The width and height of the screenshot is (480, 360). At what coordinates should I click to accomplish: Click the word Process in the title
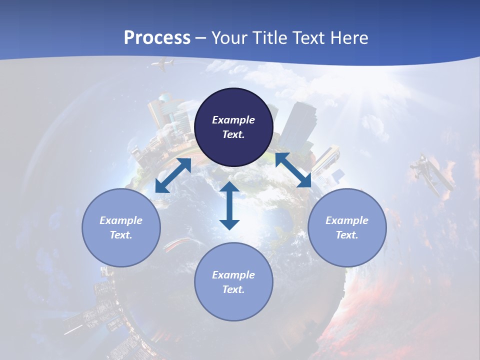[157, 38]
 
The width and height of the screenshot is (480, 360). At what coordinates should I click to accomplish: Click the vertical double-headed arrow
[229, 205]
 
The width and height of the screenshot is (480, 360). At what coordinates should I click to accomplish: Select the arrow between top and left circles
[173, 175]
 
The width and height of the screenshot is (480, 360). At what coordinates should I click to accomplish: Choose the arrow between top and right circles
[293, 170]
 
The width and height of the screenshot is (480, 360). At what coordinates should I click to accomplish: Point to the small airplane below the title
[163, 64]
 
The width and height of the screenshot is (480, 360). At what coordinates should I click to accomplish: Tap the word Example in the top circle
[233, 120]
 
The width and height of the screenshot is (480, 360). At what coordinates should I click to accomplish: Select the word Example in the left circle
[121, 220]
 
